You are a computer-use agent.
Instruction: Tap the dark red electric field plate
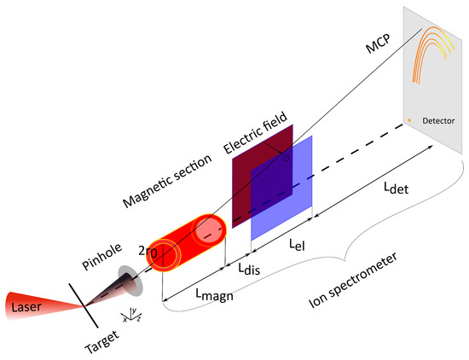[252, 171]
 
